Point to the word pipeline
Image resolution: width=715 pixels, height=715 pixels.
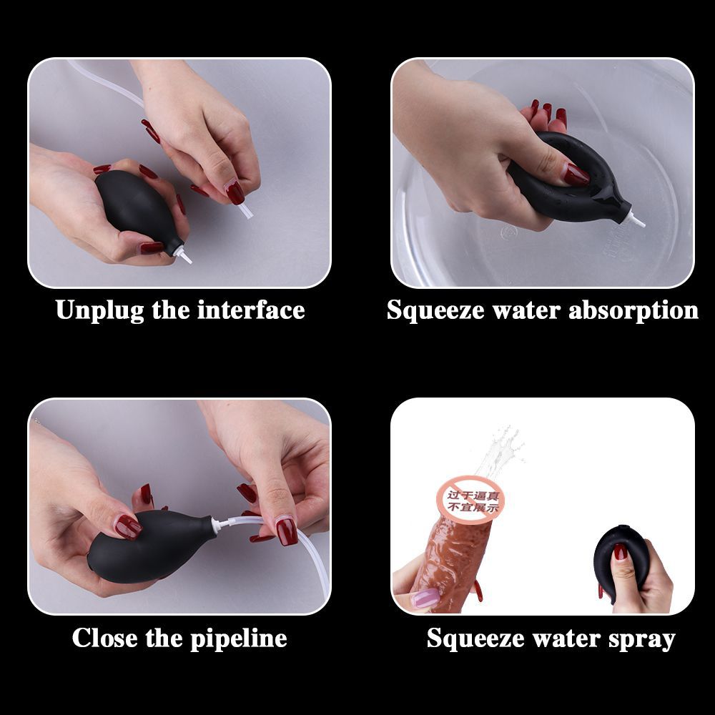(238, 638)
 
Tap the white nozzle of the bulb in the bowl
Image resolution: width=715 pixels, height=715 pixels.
(636, 219)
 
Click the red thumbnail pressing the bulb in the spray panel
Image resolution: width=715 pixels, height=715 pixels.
(620, 552)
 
